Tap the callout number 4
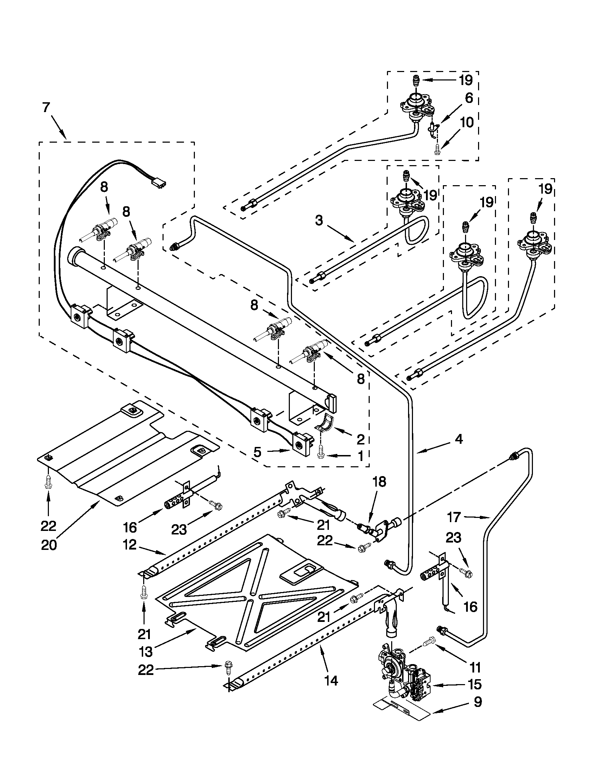pos(458,439)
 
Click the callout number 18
pos(379,482)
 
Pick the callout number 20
pos(49,545)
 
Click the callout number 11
pos(475,667)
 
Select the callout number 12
pos(130,544)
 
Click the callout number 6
pos(469,98)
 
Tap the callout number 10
pos(467,123)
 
